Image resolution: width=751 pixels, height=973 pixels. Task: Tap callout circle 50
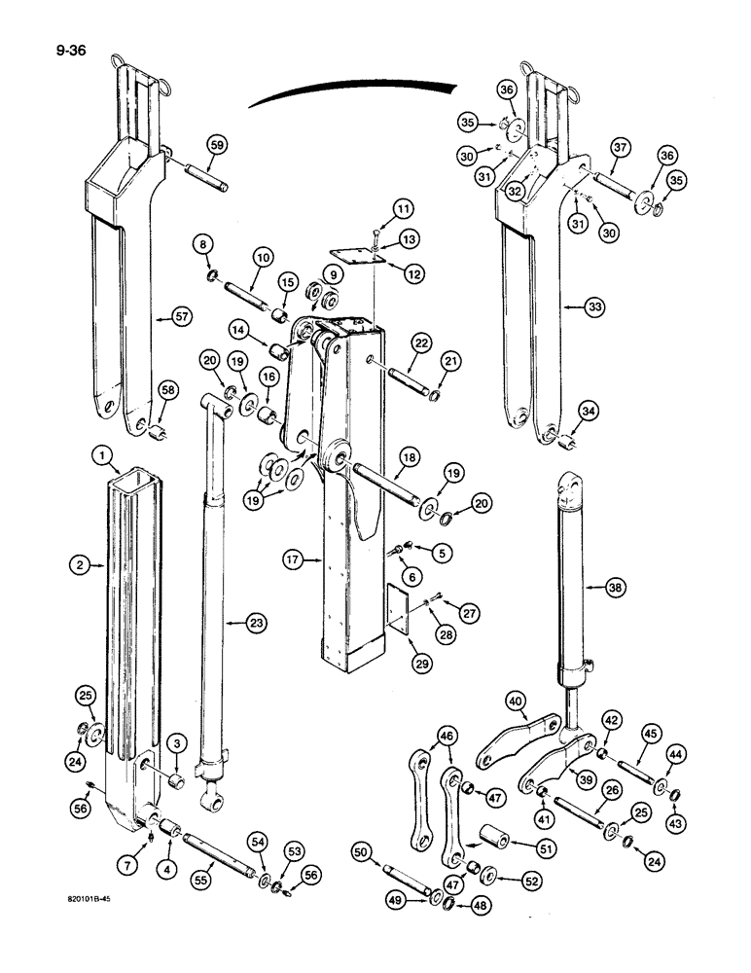(x=361, y=853)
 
